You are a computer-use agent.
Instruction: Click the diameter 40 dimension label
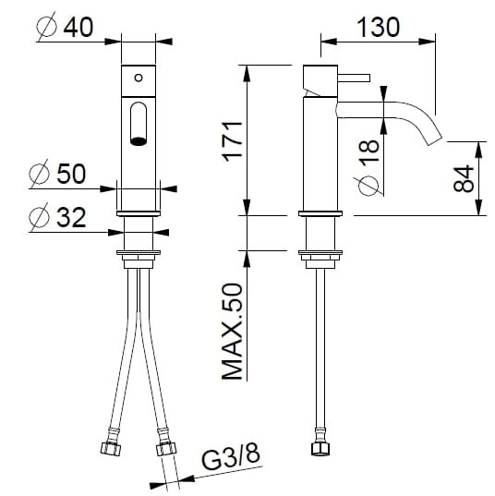[65, 27]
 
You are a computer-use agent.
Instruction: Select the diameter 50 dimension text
[60, 174]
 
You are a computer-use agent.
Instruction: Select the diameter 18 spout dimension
[367, 157]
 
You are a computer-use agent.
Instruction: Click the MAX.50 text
[232, 333]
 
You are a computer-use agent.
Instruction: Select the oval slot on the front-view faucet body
[139, 124]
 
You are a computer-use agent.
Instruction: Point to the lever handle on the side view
[356, 76]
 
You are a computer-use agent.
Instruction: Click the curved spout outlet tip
[434, 138]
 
